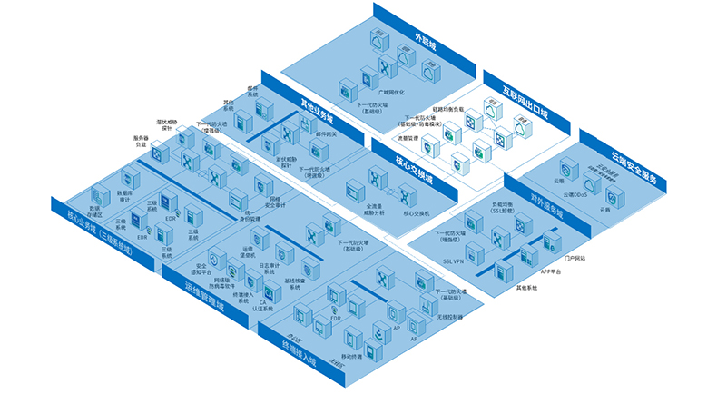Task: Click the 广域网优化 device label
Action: [x=390, y=92]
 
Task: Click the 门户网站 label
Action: [x=575, y=258]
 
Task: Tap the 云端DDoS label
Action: [x=576, y=194]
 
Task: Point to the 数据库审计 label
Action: [x=133, y=195]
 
